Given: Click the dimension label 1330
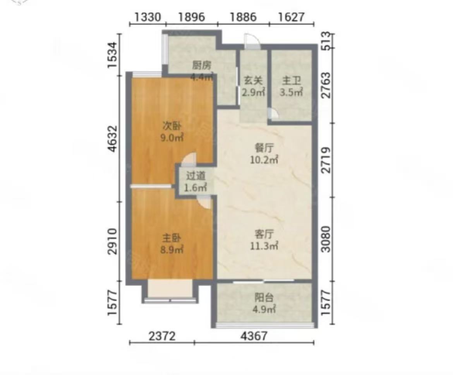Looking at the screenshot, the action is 148,17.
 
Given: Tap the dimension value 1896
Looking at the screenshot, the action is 192,17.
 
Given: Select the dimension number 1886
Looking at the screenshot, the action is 243,17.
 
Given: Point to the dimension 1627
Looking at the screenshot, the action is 291,17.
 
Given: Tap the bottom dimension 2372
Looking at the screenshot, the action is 162,336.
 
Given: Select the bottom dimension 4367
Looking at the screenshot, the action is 254,336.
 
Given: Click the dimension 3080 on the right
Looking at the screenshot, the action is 326,239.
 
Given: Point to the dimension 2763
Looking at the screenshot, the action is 326,85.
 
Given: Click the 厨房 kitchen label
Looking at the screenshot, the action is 202,65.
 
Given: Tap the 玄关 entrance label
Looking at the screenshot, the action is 253,80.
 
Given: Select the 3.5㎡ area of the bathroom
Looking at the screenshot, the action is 291,92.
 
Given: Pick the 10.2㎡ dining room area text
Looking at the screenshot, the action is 264,160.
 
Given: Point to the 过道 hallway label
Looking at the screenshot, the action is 196,176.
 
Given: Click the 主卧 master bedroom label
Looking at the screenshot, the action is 172,238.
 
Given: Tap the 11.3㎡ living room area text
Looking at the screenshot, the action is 264,246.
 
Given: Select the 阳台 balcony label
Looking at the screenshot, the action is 264,298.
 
